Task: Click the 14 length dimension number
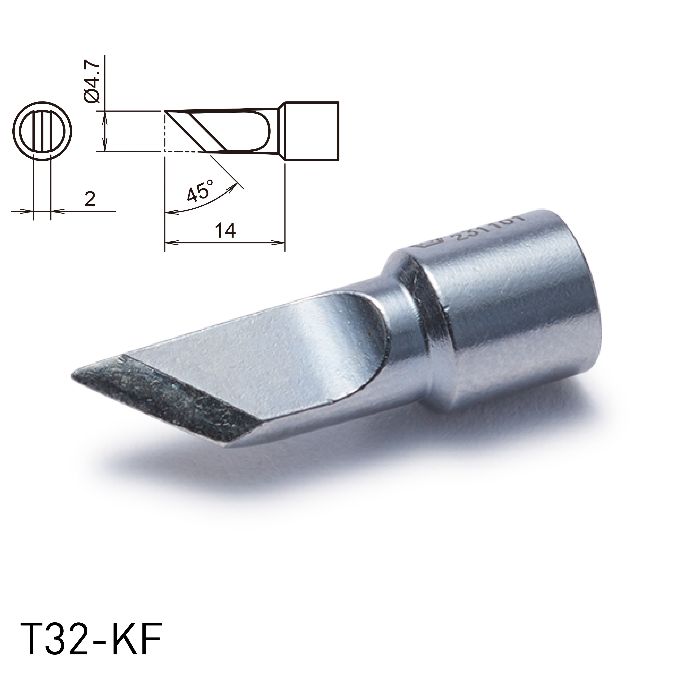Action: pos(225,231)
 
